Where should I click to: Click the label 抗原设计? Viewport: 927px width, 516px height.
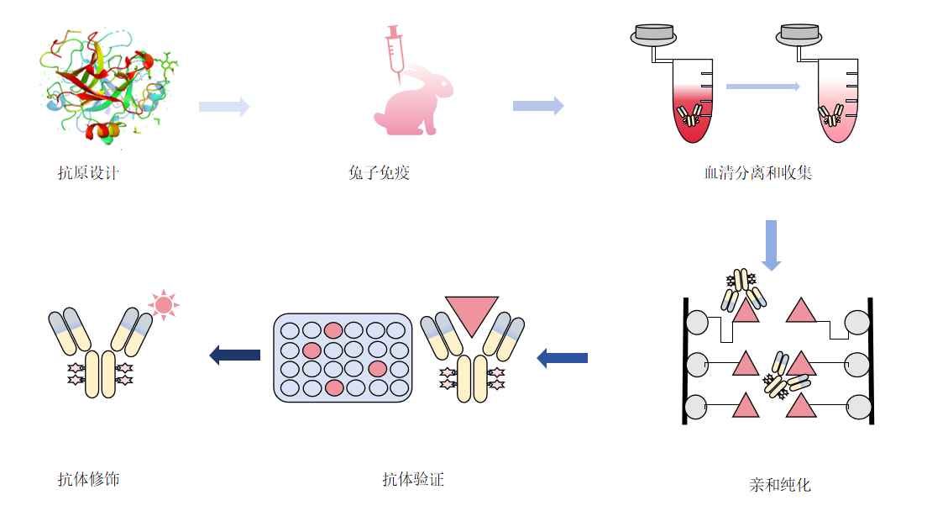pyautogui.click(x=88, y=174)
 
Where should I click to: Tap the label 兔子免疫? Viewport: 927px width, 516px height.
pyautogui.click(x=380, y=174)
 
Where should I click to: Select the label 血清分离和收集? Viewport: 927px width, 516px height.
pyautogui.click(x=757, y=174)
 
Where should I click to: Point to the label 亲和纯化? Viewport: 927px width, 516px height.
pyautogui.click(x=780, y=485)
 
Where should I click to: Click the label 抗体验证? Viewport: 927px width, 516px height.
pyautogui.click(x=412, y=480)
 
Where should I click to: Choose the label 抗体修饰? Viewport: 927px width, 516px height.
pyautogui.click(x=88, y=480)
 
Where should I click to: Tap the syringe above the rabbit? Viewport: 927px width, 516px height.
pyautogui.click(x=394, y=50)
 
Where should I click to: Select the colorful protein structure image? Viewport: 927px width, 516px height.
pyautogui.click(x=109, y=84)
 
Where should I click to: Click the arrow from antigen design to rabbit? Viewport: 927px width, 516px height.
pyautogui.click(x=224, y=107)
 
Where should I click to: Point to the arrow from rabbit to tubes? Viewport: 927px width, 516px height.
pyautogui.click(x=538, y=106)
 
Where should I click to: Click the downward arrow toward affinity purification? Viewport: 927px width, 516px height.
pyautogui.click(x=771, y=245)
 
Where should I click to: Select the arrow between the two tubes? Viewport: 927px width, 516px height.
pyautogui.click(x=762, y=86)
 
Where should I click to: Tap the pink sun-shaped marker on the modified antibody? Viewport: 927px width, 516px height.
pyautogui.click(x=163, y=304)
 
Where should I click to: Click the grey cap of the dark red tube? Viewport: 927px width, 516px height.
pyautogui.click(x=655, y=34)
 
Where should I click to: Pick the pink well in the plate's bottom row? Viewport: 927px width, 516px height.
pyautogui.click(x=333, y=387)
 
